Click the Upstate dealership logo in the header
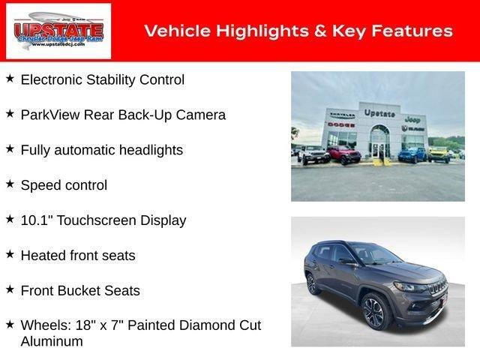point(58,31)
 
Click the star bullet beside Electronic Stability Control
point(10,78)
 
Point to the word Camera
point(200,115)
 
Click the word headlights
point(147,150)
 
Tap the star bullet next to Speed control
point(10,184)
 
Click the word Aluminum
point(52,341)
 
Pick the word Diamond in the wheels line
point(207,325)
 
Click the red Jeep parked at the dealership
point(344,154)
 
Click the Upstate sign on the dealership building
point(379,112)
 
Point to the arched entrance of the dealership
point(379,139)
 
